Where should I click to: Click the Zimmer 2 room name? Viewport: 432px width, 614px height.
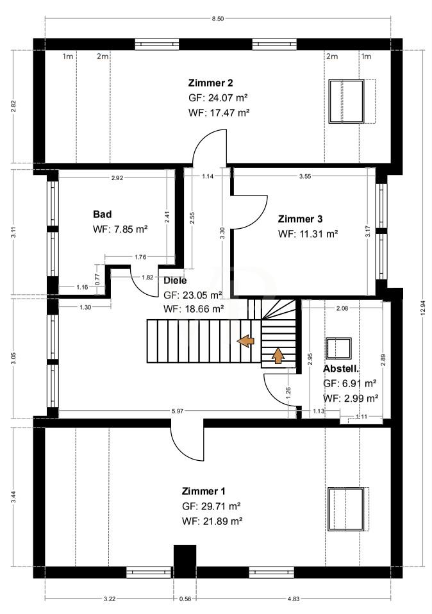tap(210, 83)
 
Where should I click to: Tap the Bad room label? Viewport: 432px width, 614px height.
tap(102, 214)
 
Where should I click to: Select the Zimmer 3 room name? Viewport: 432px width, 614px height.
tap(300, 219)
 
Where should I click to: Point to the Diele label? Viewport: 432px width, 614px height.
tap(175, 280)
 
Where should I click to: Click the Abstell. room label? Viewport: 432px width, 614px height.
tap(341, 369)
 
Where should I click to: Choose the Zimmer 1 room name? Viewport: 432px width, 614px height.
tap(203, 491)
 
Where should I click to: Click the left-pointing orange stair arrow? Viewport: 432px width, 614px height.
tap(245, 341)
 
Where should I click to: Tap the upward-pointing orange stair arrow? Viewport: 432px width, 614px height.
tap(278, 356)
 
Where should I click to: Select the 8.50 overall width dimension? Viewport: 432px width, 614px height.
tap(218, 19)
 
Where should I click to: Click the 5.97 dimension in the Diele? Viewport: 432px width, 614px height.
tap(178, 411)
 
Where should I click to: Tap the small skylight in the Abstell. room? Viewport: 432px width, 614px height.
tap(339, 348)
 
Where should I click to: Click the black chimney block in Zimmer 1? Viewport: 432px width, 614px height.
tap(185, 556)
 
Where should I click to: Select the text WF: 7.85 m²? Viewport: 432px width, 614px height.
tap(120, 229)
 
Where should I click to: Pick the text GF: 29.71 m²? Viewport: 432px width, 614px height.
tap(211, 506)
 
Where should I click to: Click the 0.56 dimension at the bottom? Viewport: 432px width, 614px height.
tap(185, 599)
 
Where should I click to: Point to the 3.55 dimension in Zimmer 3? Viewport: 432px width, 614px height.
tap(304, 176)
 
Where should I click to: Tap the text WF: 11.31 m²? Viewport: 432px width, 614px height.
tap(308, 234)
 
